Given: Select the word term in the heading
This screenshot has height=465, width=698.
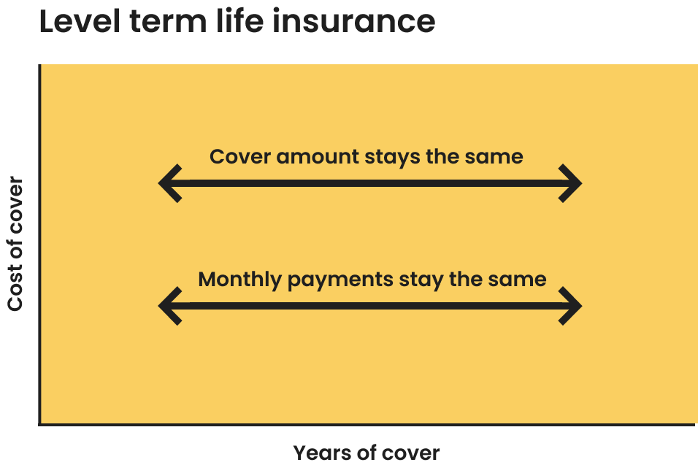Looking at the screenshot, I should (169, 21).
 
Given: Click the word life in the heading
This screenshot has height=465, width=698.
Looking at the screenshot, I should (244, 21).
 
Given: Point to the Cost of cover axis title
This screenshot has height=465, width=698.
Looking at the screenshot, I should (15, 244).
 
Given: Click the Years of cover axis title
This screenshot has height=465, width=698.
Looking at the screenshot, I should (367, 453).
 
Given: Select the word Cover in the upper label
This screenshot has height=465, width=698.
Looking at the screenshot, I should (240, 157).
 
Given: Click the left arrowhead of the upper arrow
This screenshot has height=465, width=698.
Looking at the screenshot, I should (169, 182).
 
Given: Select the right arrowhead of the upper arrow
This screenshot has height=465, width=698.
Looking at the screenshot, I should (571, 182).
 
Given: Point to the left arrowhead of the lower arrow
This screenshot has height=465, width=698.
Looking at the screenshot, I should (169, 305).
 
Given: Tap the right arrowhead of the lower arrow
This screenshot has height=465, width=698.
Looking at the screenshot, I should (571, 305).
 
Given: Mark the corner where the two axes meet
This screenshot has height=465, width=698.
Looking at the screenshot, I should (40, 423).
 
